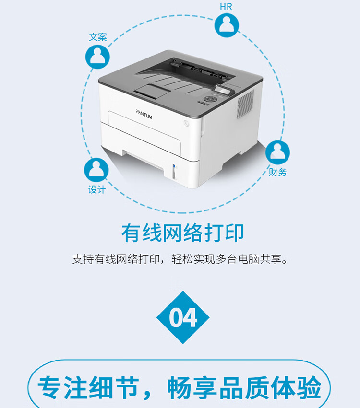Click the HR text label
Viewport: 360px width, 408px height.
click(226, 7)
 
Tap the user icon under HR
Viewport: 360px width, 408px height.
click(227, 25)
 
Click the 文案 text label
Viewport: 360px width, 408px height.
click(98, 37)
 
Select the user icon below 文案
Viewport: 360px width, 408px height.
click(98, 57)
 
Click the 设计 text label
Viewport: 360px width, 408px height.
click(96, 189)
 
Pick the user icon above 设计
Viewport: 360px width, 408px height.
click(96, 170)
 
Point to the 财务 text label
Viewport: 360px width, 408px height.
click(277, 172)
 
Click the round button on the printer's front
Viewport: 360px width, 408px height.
click(186, 123)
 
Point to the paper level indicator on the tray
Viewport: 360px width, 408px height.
click(175, 170)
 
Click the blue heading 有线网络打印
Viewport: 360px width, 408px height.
click(182, 233)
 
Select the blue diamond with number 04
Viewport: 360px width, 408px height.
click(183, 317)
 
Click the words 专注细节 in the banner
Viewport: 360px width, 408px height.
click(88, 387)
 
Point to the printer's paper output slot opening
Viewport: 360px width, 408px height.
click(202, 67)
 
